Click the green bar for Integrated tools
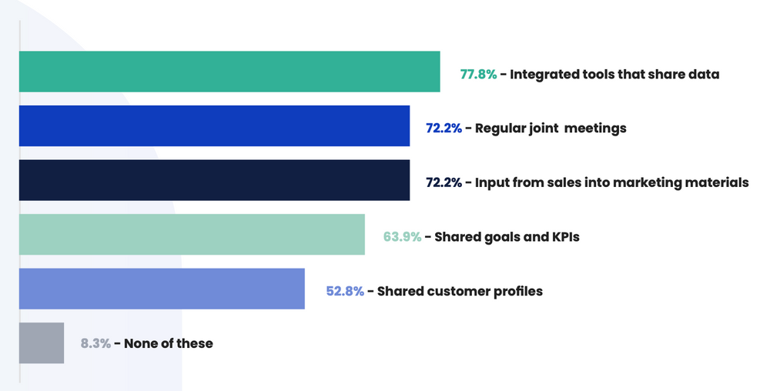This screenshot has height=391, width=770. point(229,72)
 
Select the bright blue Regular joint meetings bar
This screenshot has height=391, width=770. point(214,126)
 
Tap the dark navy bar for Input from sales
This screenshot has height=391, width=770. point(214,180)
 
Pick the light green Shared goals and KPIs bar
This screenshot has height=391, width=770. point(192,235)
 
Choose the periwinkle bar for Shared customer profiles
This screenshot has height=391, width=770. point(162,289)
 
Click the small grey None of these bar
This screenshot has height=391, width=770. point(42,343)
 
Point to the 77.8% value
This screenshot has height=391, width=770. point(478,75)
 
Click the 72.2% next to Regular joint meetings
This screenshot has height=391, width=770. point(444,129)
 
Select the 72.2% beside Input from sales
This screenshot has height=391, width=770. point(444,183)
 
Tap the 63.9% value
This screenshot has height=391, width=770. point(402,237)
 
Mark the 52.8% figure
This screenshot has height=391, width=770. point(345,292)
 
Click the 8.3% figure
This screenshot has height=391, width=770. point(95,343)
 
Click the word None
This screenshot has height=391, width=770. point(141,343)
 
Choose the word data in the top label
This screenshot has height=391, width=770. point(704,75)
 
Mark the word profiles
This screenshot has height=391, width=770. point(518,292)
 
